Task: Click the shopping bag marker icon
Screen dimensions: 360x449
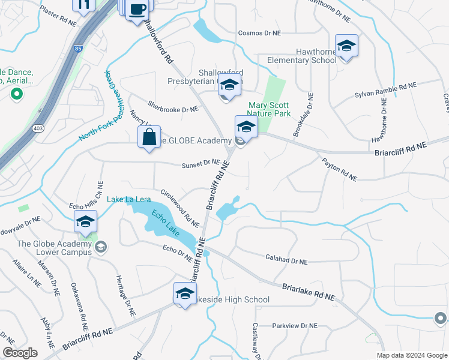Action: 149,136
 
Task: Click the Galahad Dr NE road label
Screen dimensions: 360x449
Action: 286,262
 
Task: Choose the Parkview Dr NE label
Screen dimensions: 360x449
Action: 294,326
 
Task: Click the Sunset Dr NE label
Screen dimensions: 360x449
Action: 202,162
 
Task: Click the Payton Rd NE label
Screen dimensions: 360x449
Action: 340,170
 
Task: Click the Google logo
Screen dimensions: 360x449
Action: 20,353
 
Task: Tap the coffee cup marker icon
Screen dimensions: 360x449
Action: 137,10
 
